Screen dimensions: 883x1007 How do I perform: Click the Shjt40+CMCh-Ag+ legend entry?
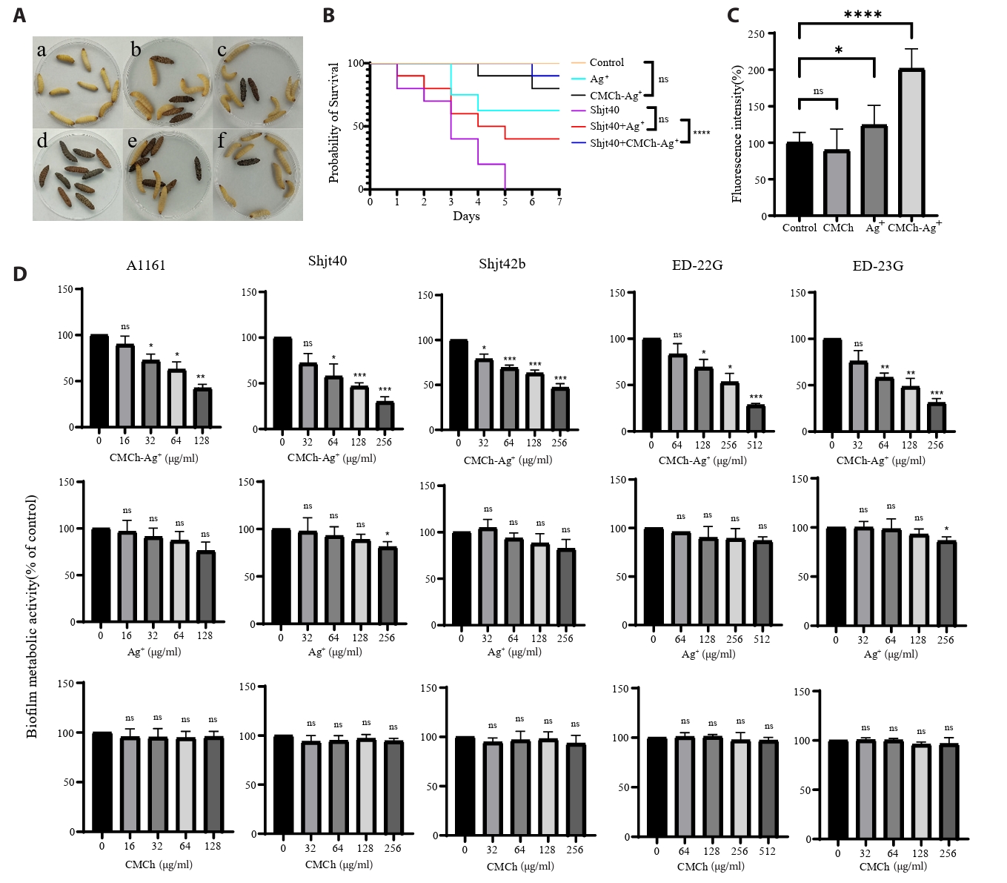[634, 143]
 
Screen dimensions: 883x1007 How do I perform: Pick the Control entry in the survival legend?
[606, 63]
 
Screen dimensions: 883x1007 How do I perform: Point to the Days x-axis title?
[466, 216]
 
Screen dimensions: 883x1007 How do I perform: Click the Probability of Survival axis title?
[334, 122]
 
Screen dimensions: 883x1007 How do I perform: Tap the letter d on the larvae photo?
[42, 141]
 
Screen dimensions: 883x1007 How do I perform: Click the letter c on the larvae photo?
[222, 50]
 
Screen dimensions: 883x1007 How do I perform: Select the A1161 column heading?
[146, 265]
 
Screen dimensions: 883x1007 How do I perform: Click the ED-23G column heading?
[877, 266]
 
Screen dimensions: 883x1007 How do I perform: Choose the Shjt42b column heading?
[502, 264]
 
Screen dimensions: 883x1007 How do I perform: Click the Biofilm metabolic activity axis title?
[32, 616]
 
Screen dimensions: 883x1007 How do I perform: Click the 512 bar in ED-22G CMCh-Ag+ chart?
[755, 418]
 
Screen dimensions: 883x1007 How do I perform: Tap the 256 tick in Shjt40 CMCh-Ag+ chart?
[384, 442]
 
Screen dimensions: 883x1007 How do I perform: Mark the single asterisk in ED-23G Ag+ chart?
[946, 529]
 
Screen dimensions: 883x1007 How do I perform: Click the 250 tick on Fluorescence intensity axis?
[756, 34]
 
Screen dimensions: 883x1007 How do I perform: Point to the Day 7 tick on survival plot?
[559, 202]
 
